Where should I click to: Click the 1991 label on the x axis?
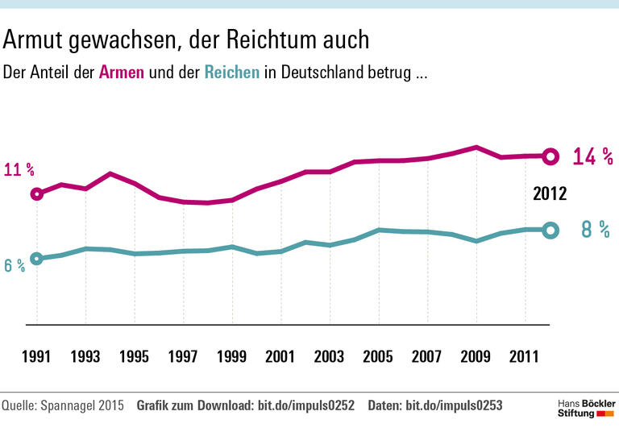(x=36, y=357)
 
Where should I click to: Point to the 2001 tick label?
(x=280, y=357)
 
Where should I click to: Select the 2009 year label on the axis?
(x=476, y=357)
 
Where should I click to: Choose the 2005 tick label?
(x=378, y=357)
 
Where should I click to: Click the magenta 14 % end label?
(x=592, y=157)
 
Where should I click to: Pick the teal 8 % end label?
(x=596, y=230)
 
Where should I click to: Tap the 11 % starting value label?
(x=19, y=170)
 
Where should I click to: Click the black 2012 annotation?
(x=550, y=194)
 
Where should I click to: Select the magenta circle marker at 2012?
(x=550, y=156)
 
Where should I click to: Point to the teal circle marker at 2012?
(x=550, y=230)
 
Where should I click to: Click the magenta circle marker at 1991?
(x=36, y=193)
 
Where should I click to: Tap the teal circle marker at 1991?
(x=36, y=259)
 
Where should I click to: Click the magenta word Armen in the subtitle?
(x=122, y=73)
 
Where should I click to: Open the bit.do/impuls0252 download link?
(x=305, y=405)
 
